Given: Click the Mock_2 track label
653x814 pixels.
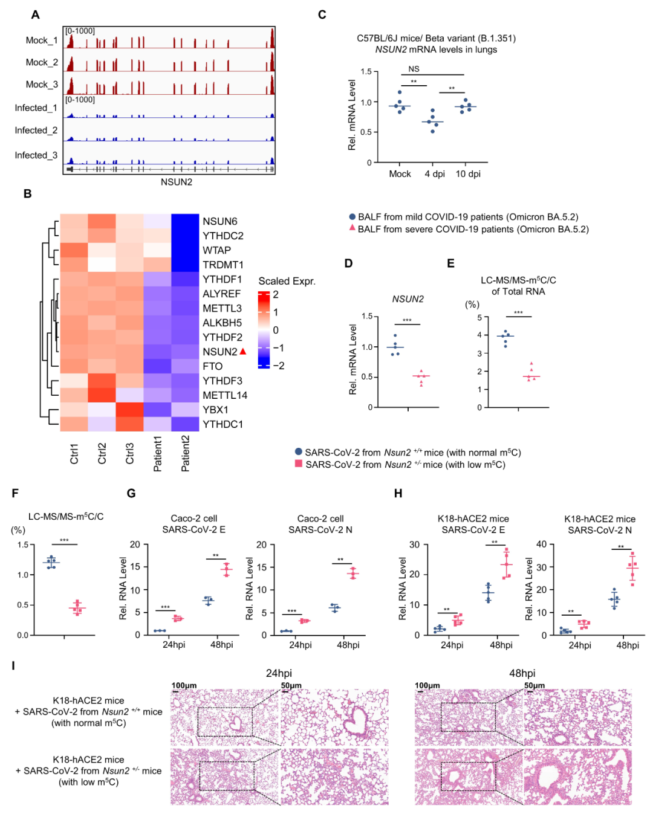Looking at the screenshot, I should point(42,62).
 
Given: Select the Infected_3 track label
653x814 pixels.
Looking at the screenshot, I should point(36,155).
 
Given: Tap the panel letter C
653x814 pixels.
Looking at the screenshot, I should point(322,15).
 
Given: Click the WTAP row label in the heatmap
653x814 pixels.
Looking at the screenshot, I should point(216,250).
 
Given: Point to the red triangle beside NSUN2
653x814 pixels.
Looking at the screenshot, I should point(243,351).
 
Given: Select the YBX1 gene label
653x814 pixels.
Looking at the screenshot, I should point(215,410).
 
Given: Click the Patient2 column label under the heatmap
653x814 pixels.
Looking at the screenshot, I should point(185,453).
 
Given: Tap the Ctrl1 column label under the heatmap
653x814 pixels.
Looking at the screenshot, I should point(74,453).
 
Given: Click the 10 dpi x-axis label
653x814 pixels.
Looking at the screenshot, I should point(468,174).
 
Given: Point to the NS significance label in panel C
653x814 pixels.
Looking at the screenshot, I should point(414,69).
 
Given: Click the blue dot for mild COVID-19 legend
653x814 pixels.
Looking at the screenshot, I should point(352,216).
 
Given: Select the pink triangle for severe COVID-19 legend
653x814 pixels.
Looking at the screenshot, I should point(352,228).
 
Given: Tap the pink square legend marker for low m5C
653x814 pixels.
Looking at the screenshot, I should point(298,464).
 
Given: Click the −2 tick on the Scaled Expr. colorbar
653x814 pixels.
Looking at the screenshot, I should point(278,366).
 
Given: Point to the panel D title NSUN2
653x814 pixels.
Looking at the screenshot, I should point(408,299).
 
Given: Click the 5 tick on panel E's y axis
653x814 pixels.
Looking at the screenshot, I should point(479,318).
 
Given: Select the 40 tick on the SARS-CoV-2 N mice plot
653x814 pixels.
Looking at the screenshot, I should point(541,544).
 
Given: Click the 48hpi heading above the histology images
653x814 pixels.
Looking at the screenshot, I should point(522,673).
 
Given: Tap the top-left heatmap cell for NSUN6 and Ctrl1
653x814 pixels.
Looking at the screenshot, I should point(74,221).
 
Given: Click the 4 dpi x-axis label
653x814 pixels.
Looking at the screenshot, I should point(435,174).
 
